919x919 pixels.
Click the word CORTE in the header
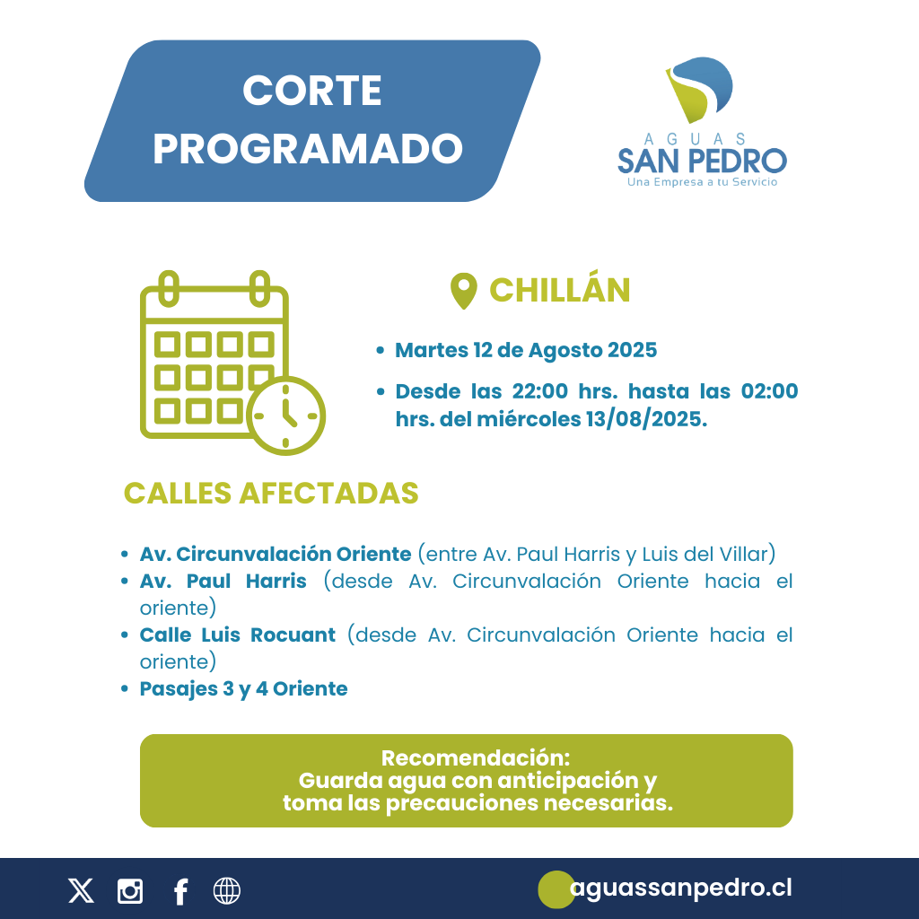click(311, 91)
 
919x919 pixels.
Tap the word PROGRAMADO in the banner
click(309, 149)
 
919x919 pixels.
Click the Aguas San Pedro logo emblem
click(699, 90)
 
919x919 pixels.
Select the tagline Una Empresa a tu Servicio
click(702, 182)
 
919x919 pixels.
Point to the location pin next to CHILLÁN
click(464, 291)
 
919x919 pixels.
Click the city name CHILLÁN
click(560, 290)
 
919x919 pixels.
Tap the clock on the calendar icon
click(285, 416)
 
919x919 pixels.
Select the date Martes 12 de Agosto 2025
click(526, 350)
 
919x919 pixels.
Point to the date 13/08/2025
click(646, 419)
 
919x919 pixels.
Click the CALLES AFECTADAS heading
click(271, 493)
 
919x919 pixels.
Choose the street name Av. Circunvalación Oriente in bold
click(276, 554)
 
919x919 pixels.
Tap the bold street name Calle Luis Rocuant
click(237, 635)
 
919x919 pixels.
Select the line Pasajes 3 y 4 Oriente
click(243, 688)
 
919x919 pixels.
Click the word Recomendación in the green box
click(476, 757)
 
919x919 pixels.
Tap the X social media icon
click(81, 891)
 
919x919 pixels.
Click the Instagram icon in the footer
click(130, 891)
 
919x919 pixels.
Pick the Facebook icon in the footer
click(180, 892)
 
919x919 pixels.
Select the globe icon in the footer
click(227, 891)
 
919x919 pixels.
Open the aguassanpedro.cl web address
click(681, 888)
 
